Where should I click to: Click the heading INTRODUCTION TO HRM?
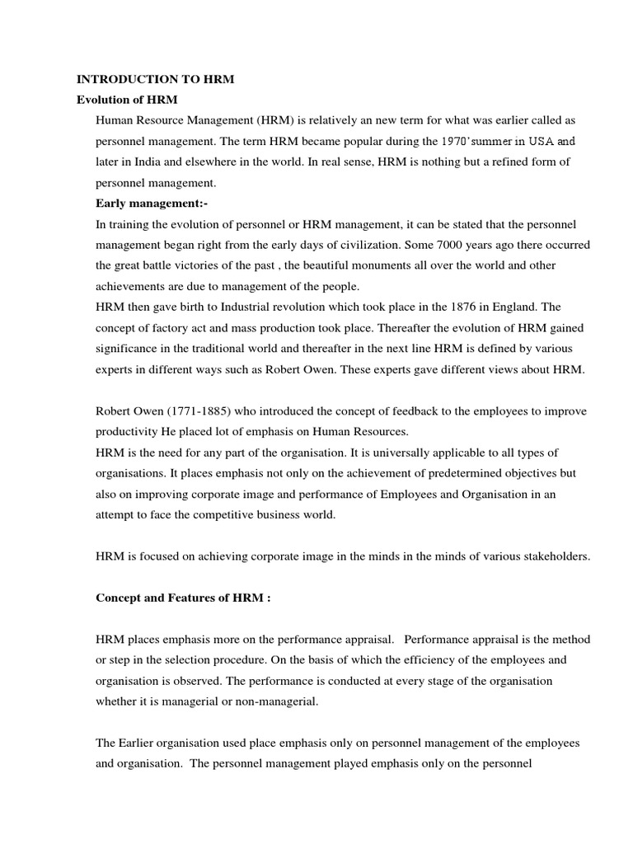(156, 80)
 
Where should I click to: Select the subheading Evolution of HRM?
(127, 100)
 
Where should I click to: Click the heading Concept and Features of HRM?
(183, 598)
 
